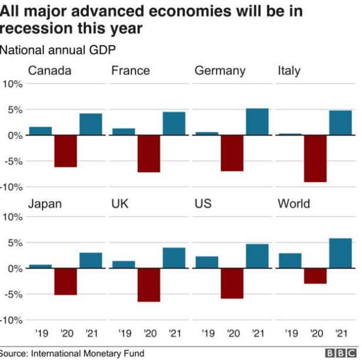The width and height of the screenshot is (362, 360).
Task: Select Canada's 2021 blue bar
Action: coord(91,124)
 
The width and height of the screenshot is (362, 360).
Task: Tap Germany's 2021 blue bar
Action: coord(257,122)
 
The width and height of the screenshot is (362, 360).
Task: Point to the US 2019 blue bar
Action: coord(207,262)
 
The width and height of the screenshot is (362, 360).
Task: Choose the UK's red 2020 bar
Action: coord(148,285)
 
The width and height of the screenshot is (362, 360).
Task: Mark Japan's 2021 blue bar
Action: coord(91,260)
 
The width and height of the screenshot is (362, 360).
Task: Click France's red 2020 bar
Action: coord(148,154)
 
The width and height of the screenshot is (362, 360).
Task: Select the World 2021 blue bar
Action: coord(340,253)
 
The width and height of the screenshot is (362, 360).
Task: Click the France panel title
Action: coord(130,71)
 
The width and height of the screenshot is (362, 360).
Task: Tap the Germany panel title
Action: coord(220,71)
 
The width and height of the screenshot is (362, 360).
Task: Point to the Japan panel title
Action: coord(45,204)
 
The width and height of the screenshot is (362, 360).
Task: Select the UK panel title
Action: coord(120,204)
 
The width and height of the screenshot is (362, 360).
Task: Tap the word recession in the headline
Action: coord(32,28)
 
